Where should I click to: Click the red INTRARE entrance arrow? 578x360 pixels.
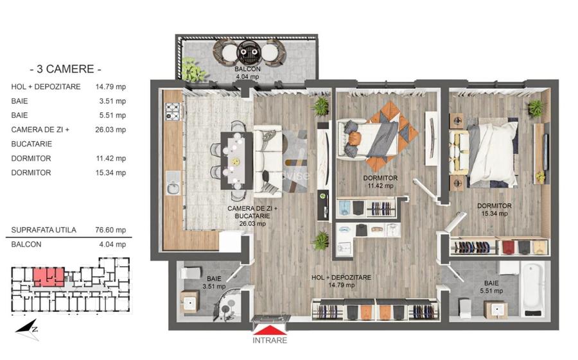coord(270,337)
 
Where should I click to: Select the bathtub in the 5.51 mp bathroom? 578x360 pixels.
coord(532,289)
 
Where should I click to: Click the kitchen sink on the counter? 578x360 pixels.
coord(172,188)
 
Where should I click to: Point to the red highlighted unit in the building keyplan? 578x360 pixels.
coord(48,277)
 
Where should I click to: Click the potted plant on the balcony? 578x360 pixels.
coord(190,67)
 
